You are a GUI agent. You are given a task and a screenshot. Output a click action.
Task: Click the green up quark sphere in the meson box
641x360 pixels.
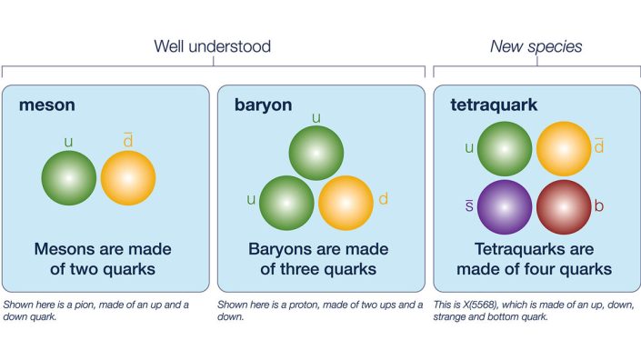pyautogui.click(x=69, y=178)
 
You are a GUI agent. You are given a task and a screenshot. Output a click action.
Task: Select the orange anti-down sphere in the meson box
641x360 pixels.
pyautogui.click(x=128, y=178)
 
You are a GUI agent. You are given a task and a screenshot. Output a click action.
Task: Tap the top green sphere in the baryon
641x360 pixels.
pyautogui.click(x=316, y=153)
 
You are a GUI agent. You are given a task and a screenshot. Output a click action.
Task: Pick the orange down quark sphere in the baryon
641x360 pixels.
pyautogui.click(x=346, y=202)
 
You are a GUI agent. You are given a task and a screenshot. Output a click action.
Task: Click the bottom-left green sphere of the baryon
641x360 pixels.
pyautogui.click(x=286, y=202)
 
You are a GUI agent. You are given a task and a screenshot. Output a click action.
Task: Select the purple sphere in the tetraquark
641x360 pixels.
pyautogui.click(x=504, y=205)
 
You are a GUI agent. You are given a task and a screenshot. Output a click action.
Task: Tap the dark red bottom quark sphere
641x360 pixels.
pyautogui.click(x=563, y=205)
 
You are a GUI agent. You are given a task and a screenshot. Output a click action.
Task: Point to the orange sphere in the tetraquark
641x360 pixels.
pyautogui.click(x=563, y=148)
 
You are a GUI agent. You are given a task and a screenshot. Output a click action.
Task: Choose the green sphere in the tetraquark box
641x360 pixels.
pyautogui.click(x=504, y=148)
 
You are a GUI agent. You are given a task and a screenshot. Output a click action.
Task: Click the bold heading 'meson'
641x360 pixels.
pyautogui.click(x=47, y=105)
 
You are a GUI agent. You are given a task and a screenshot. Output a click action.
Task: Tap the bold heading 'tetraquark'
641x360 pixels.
pyautogui.click(x=494, y=105)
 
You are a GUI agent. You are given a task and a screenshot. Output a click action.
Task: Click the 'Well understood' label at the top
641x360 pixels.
pyautogui.click(x=213, y=46)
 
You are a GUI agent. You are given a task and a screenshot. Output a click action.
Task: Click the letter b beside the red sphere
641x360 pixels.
pyautogui.click(x=599, y=206)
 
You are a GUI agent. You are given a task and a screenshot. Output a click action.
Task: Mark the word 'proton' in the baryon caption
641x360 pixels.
pyautogui.click(x=306, y=305)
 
